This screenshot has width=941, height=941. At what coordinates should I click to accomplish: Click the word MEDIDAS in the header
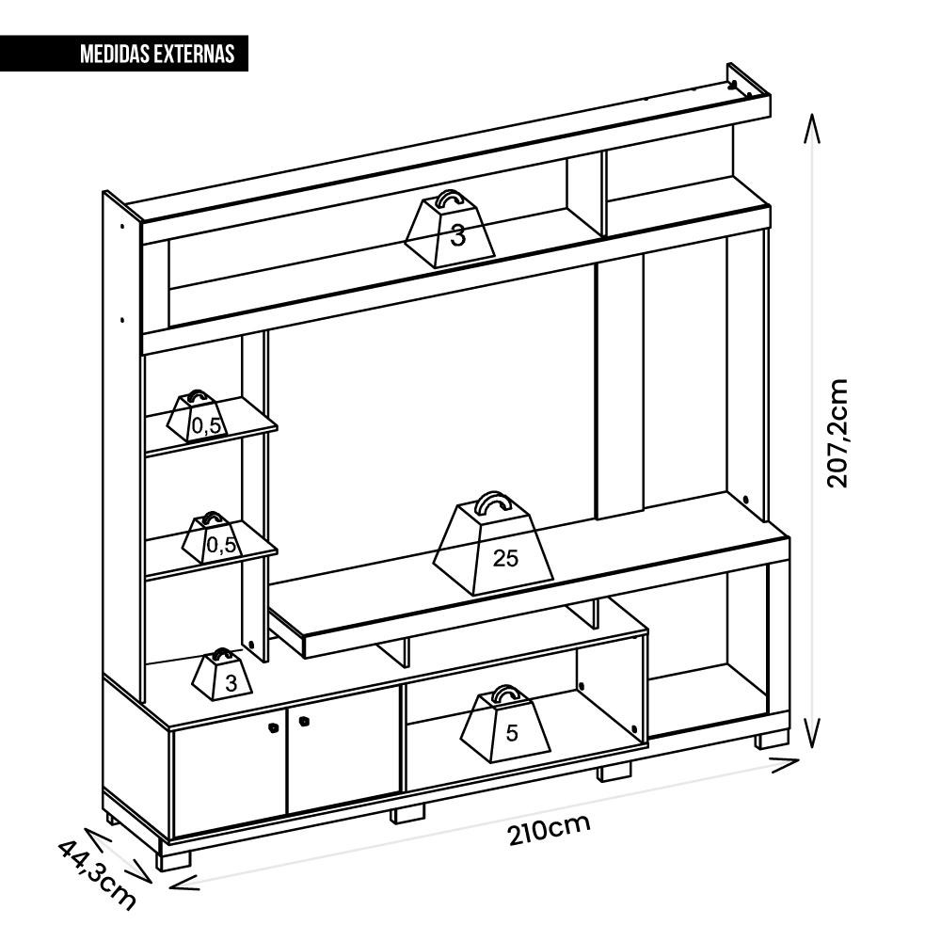[115, 54]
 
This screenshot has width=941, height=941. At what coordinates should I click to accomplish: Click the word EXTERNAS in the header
[194, 54]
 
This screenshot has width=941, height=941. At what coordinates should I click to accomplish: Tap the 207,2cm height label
[837, 433]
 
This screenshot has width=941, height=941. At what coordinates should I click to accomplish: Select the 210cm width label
[550, 829]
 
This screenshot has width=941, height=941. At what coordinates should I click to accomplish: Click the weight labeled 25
[493, 543]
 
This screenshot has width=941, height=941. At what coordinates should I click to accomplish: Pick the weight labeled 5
[505, 723]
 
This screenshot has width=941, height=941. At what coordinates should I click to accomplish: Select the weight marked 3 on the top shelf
[450, 229]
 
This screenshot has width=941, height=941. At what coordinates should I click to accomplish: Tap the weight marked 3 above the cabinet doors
[222, 674]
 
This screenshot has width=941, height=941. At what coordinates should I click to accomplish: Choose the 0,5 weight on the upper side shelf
[198, 415]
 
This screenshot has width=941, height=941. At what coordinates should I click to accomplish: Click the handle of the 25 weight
[493, 502]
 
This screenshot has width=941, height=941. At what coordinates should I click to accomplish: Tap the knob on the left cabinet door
[273, 727]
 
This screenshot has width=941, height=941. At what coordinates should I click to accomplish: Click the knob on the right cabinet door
[303, 722]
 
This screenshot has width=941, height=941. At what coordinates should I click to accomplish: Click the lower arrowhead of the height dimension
[812, 733]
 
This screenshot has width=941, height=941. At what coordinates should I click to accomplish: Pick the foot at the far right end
[772, 740]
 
